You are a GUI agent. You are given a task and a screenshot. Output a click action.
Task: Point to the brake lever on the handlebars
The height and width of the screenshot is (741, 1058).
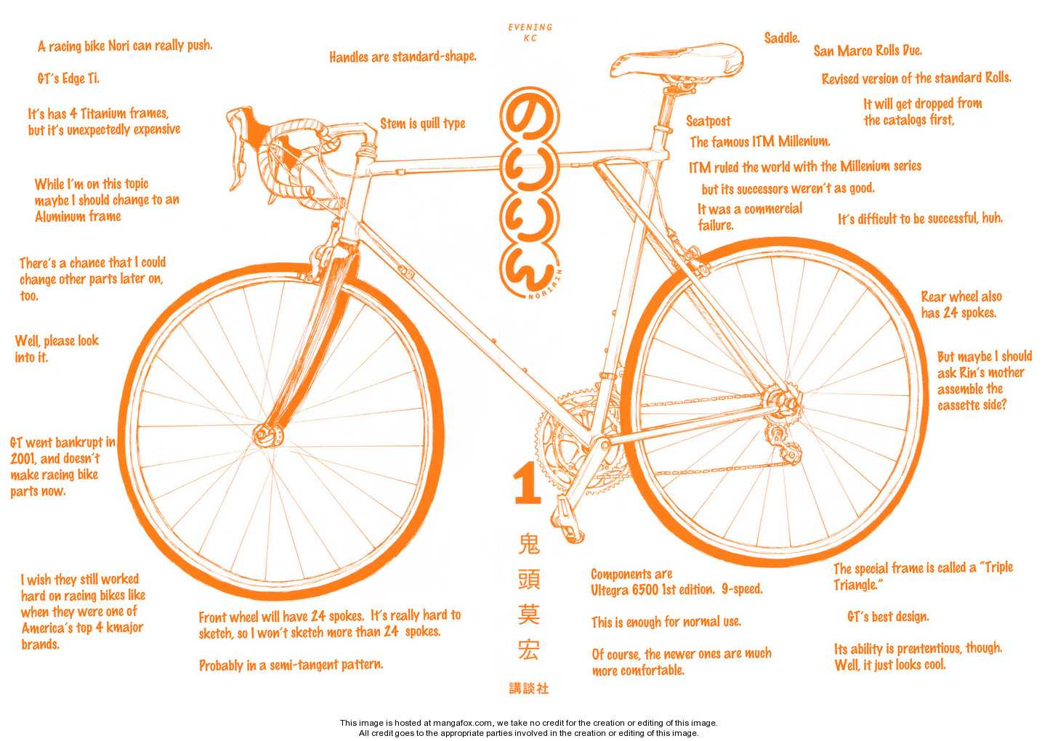tap(238, 147)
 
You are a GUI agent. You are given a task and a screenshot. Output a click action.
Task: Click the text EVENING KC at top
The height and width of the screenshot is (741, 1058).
tap(530, 32)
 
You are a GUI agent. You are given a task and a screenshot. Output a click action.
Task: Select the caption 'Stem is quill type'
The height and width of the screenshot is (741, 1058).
tap(422, 123)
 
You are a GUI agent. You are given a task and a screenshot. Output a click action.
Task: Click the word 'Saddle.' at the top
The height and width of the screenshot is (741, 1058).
tap(782, 39)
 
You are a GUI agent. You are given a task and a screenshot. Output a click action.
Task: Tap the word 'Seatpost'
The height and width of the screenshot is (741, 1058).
tap(708, 121)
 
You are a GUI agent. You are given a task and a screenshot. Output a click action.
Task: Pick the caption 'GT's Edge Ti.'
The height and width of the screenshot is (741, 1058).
tap(68, 78)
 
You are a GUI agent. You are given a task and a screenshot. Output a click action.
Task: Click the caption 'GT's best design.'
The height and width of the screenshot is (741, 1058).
tap(888, 616)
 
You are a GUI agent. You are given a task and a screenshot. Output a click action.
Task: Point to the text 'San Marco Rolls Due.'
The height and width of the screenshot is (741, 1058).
tap(868, 51)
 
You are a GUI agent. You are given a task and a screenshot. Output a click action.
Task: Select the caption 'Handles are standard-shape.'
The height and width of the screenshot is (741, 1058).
tap(403, 57)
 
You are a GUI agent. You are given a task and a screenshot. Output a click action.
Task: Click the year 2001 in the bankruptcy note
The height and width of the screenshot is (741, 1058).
tap(23, 458)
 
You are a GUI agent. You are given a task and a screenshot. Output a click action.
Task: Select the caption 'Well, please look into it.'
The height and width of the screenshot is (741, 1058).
tap(57, 349)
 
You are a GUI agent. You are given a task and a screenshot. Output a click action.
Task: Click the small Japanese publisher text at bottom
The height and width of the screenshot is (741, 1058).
tap(529, 689)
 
